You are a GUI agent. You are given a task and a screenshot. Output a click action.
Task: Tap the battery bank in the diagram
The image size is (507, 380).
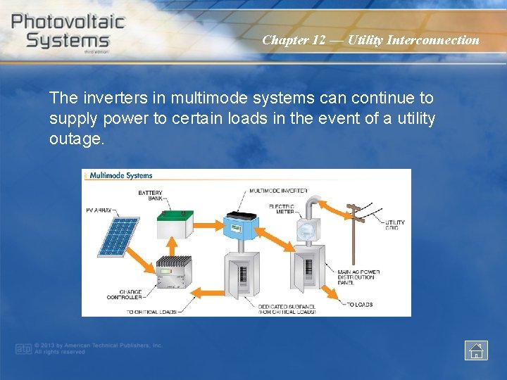tap(174, 226)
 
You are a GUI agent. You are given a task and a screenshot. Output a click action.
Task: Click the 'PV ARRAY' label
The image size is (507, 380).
tap(99, 210)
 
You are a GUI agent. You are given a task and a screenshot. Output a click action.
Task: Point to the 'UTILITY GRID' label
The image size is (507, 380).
tap(394, 225)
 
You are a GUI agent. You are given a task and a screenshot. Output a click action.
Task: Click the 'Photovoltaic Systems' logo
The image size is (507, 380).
tap(68, 31)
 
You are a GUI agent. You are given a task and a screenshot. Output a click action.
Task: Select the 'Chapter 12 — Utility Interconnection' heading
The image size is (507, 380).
tap(370, 40)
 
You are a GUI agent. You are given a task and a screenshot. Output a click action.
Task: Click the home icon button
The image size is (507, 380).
tap(476, 350)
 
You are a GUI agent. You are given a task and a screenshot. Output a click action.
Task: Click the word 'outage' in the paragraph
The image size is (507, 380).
tap(75, 139)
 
